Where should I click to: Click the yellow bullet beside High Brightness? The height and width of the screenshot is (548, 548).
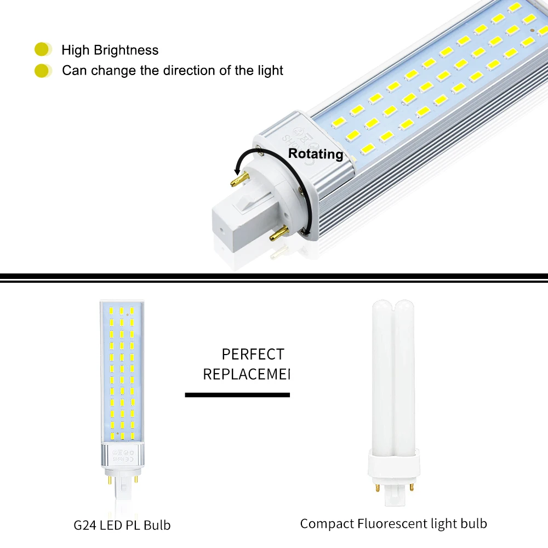point(42,50)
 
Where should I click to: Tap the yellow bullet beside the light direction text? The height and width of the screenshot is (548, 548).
point(42,70)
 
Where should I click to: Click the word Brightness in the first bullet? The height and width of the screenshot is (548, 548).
point(126,50)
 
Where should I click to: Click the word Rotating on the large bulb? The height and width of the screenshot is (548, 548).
point(316,154)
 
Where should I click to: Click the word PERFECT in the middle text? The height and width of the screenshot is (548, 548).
point(253,354)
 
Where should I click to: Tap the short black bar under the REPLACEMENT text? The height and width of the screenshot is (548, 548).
point(237,395)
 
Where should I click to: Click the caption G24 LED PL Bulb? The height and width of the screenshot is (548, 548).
point(122,525)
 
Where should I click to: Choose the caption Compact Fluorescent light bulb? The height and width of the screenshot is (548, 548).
point(393,523)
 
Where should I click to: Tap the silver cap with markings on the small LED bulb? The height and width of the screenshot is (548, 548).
point(122,455)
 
